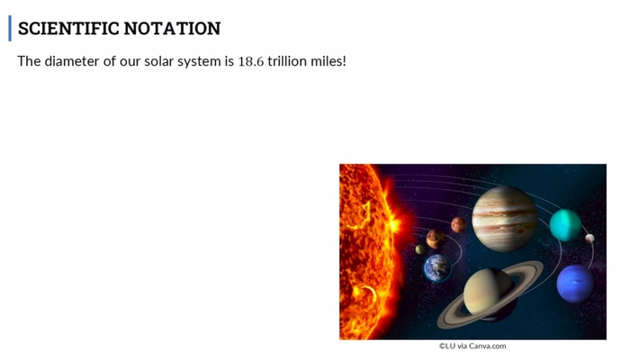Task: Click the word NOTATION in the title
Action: [x=172, y=28]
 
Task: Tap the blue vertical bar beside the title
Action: [x=11, y=28]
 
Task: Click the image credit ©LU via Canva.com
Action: [x=472, y=346]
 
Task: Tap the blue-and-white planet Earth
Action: [x=439, y=266]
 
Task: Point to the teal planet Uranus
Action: [x=565, y=224]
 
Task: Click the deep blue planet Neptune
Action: [x=575, y=284]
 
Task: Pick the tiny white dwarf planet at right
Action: [x=589, y=238]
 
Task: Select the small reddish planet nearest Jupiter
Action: [x=459, y=224]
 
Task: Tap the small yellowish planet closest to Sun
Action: [x=419, y=249]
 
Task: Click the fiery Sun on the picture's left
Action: [x=364, y=252]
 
